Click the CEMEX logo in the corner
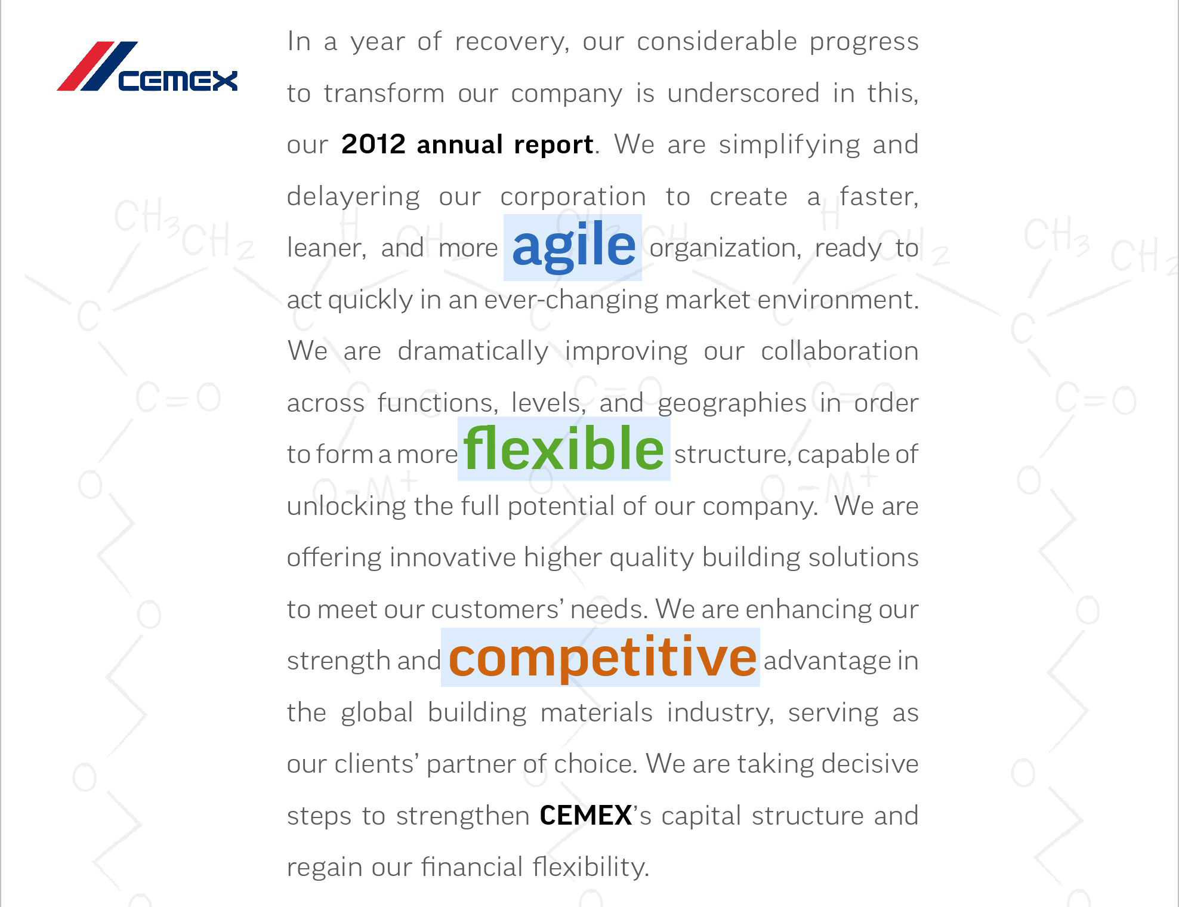(147, 66)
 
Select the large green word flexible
(564, 449)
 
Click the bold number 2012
(374, 144)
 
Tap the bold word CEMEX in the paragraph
(585, 816)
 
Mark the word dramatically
(473, 351)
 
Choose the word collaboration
(840, 351)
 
